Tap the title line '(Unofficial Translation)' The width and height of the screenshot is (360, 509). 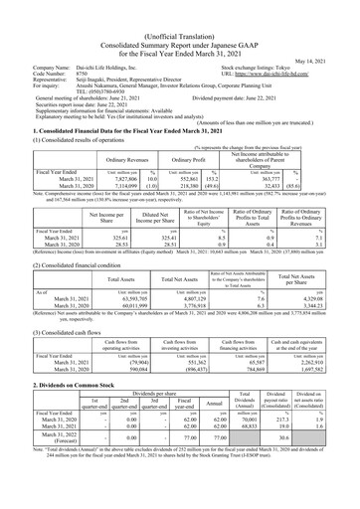[179, 9]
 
